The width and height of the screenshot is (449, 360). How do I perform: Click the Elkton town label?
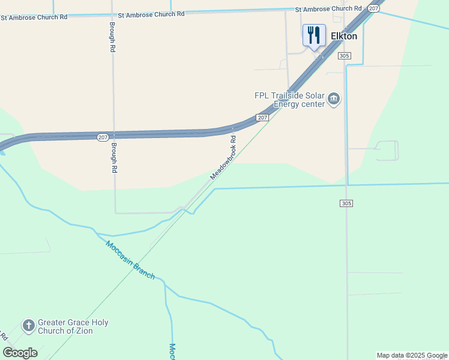(344, 36)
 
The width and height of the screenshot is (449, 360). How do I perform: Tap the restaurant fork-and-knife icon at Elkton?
(314, 35)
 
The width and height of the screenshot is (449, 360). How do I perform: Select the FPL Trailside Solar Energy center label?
(290, 100)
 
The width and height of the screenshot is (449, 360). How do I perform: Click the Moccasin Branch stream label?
(130, 260)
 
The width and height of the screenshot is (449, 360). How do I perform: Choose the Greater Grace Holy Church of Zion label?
(73, 326)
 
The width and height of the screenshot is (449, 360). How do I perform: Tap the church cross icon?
(28, 326)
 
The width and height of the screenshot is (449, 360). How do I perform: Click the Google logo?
(20, 352)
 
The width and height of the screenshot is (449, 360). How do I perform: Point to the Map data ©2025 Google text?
(412, 355)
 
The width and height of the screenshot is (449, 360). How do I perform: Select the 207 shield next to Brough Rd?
(103, 137)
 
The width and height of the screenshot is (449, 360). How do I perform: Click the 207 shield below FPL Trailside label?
(262, 118)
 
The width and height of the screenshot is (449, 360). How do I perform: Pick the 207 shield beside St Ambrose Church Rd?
(373, 8)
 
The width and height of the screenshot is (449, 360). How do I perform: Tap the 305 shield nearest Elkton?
(344, 56)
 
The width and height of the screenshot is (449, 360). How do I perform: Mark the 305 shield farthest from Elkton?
(346, 203)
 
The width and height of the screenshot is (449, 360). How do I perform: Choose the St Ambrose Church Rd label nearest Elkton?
(328, 9)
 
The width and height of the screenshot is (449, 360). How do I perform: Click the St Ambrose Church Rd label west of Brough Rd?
(34, 17)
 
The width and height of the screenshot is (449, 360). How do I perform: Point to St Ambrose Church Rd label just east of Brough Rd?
(151, 14)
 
